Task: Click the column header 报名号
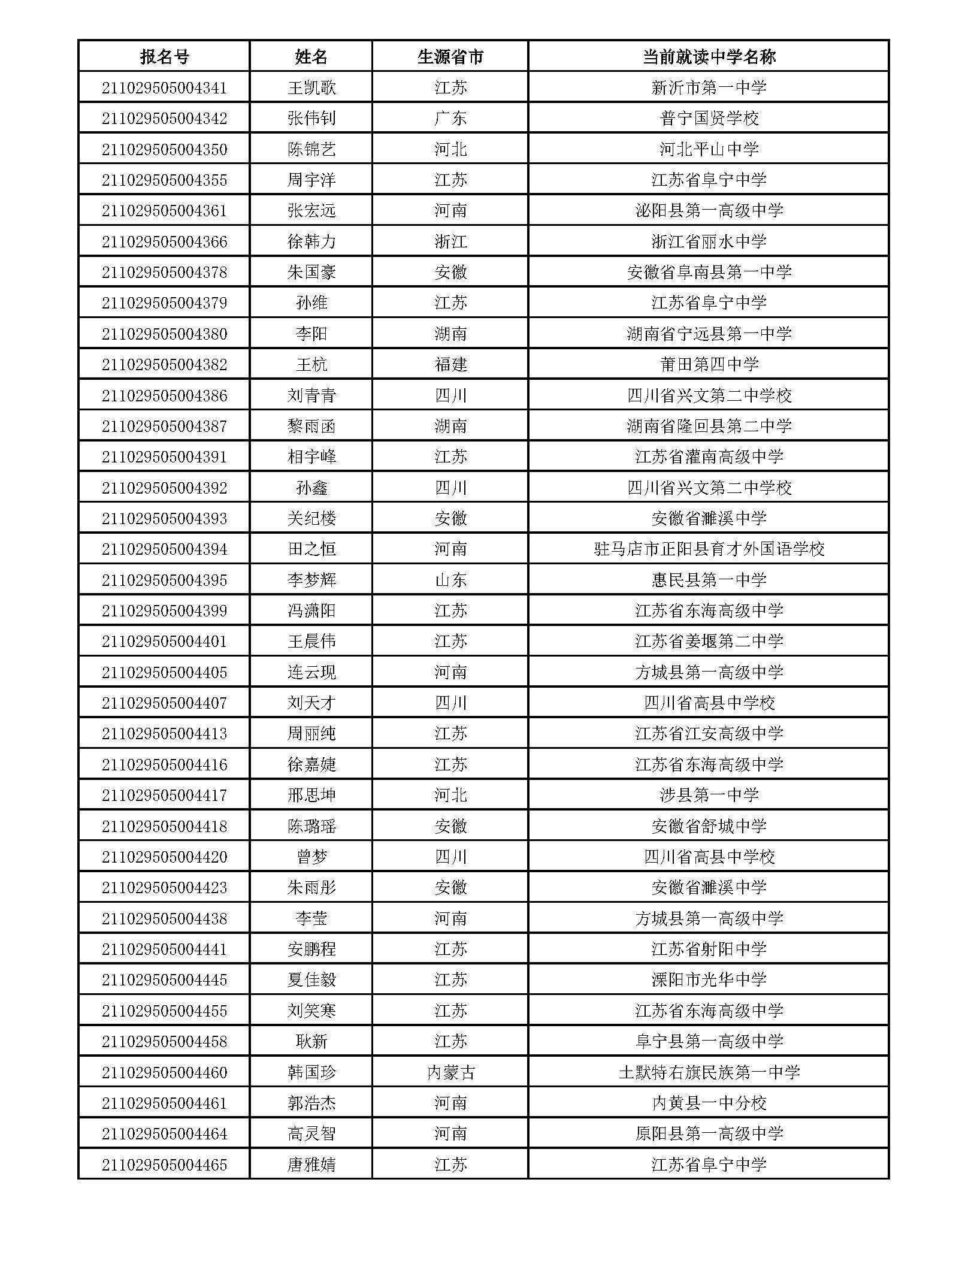(164, 57)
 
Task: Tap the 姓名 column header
(311, 57)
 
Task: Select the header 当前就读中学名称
(709, 57)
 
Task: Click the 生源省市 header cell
(450, 57)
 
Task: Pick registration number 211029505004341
(164, 88)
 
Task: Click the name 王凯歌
(311, 88)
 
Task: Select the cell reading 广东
(450, 119)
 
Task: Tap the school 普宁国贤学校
(709, 119)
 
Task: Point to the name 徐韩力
(311, 241)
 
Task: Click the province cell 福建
(450, 364)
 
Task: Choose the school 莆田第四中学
(709, 364)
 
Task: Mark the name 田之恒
(311, 549)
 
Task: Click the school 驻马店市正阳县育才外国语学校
(709, 549)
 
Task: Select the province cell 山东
(450, 580)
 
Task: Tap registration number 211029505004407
(164, 703)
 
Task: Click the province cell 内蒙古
(450, 1072)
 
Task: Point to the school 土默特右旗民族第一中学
(709, 1072)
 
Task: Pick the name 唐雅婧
(311, 1165)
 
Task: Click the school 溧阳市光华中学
(709, 980)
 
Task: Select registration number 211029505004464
(164, 1133)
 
